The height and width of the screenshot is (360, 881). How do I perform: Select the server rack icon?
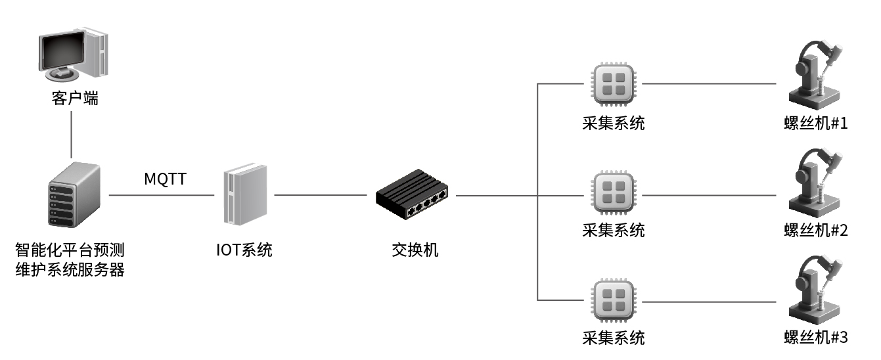(x=74, y=195)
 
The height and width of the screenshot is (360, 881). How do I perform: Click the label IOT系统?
(x=244, y=250)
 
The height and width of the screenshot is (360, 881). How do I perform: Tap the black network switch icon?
(x=413, y=194)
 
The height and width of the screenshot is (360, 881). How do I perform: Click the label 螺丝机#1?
(x=816, y=123)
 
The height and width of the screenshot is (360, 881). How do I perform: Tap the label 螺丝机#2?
(x=816, y=231)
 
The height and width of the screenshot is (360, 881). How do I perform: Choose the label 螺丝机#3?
(x=816, y=338)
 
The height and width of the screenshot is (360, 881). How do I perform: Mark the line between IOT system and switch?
(x=320, y=195)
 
